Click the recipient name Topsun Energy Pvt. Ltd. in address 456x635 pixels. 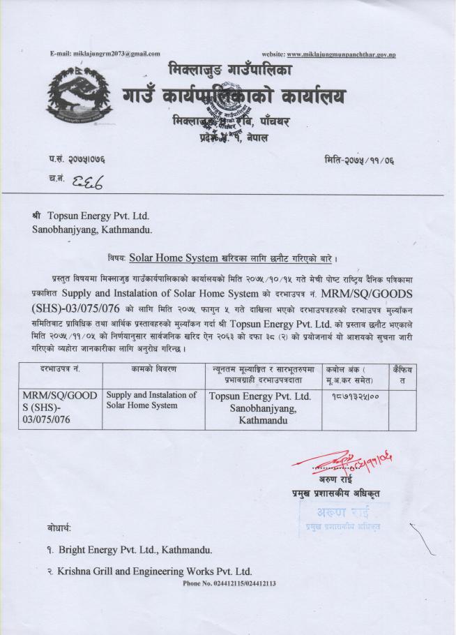click(98, 216)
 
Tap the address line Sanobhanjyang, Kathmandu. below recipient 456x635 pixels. click(91, 228)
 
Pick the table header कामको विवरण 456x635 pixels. click(153, 368)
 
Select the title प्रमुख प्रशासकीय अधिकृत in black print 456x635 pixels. click(335, 494)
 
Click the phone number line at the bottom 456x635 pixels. click(229, 583)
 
